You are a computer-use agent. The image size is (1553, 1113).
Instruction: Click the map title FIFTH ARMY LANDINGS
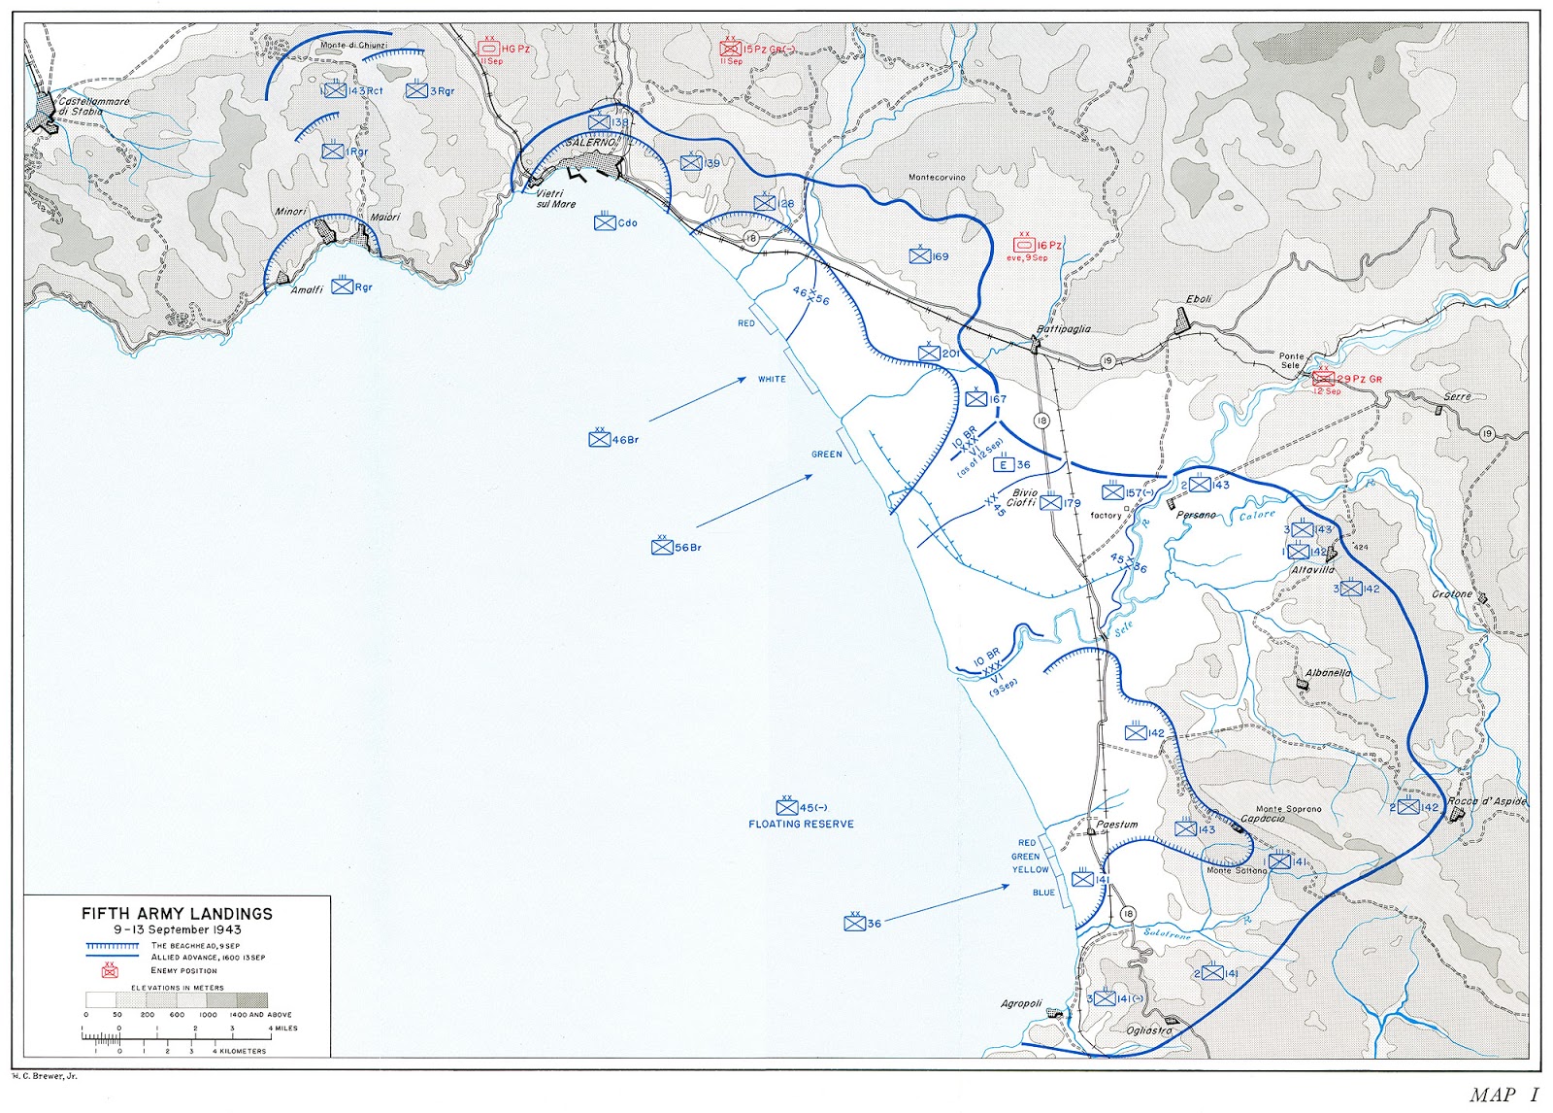coord(177,914)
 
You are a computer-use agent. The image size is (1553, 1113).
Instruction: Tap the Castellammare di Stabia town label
coord(93,106)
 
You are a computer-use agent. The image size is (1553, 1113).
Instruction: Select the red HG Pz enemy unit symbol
coord(489,48)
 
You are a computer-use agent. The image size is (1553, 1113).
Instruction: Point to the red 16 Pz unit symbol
coord(1024,245)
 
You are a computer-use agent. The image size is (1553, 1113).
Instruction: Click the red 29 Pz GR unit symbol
coord(1323,379)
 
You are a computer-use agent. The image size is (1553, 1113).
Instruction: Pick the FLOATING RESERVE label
coord(801,825)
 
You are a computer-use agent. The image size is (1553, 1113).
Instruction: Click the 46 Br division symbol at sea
coord(600,439)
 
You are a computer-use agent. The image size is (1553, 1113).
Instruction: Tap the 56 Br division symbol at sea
coord(662,547)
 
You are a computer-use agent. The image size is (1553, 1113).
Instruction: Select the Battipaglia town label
coord(1064,329)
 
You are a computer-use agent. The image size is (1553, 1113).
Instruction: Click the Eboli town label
coord(1199,299)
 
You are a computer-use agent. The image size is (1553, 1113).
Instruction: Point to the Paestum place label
coord(1117,825)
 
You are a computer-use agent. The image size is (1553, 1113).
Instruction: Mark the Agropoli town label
coord(1021,1003)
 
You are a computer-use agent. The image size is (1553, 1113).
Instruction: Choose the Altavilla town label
coord(1312,570)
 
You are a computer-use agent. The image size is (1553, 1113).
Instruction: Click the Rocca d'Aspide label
coord(1486,801)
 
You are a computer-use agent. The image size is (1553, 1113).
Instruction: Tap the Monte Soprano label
coord(1288,809)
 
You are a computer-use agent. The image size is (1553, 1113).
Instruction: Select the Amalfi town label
coord(307,290)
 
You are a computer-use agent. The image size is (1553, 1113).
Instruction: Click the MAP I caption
coord(1503,1096)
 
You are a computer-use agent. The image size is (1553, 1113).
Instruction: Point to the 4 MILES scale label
coord(281,1028)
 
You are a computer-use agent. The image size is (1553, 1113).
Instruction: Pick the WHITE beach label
coord(772,379)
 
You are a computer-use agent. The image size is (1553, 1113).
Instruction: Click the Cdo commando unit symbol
coord(605,222)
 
